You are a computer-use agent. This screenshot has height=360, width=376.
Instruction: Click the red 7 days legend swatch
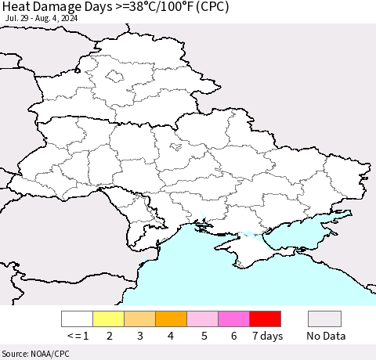tap(265, 319)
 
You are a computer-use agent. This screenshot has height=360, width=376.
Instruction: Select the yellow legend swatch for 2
tap(108, 319)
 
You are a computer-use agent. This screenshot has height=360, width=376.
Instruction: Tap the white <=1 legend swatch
tap(77, 319)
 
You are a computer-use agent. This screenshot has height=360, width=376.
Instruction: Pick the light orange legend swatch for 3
tap(139, 319)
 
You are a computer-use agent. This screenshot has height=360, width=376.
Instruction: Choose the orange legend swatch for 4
tap(171, 319)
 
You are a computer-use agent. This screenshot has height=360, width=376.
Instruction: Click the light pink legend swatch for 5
tap(202, 319)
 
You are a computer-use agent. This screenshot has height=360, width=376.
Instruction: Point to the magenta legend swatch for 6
tap(233, 319)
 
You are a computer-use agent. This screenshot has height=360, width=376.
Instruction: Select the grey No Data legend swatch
tap(324, 319)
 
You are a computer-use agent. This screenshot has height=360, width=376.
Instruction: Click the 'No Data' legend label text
tap(324, 336)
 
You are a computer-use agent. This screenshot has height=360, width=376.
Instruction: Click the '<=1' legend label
tap(77, 336)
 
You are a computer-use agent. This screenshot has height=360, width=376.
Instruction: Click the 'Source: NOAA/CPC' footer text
tap(35, 354)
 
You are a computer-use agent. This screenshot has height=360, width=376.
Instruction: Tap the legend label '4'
tap(171, 336)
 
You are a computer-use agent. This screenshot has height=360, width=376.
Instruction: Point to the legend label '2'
tap(108, 336)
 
